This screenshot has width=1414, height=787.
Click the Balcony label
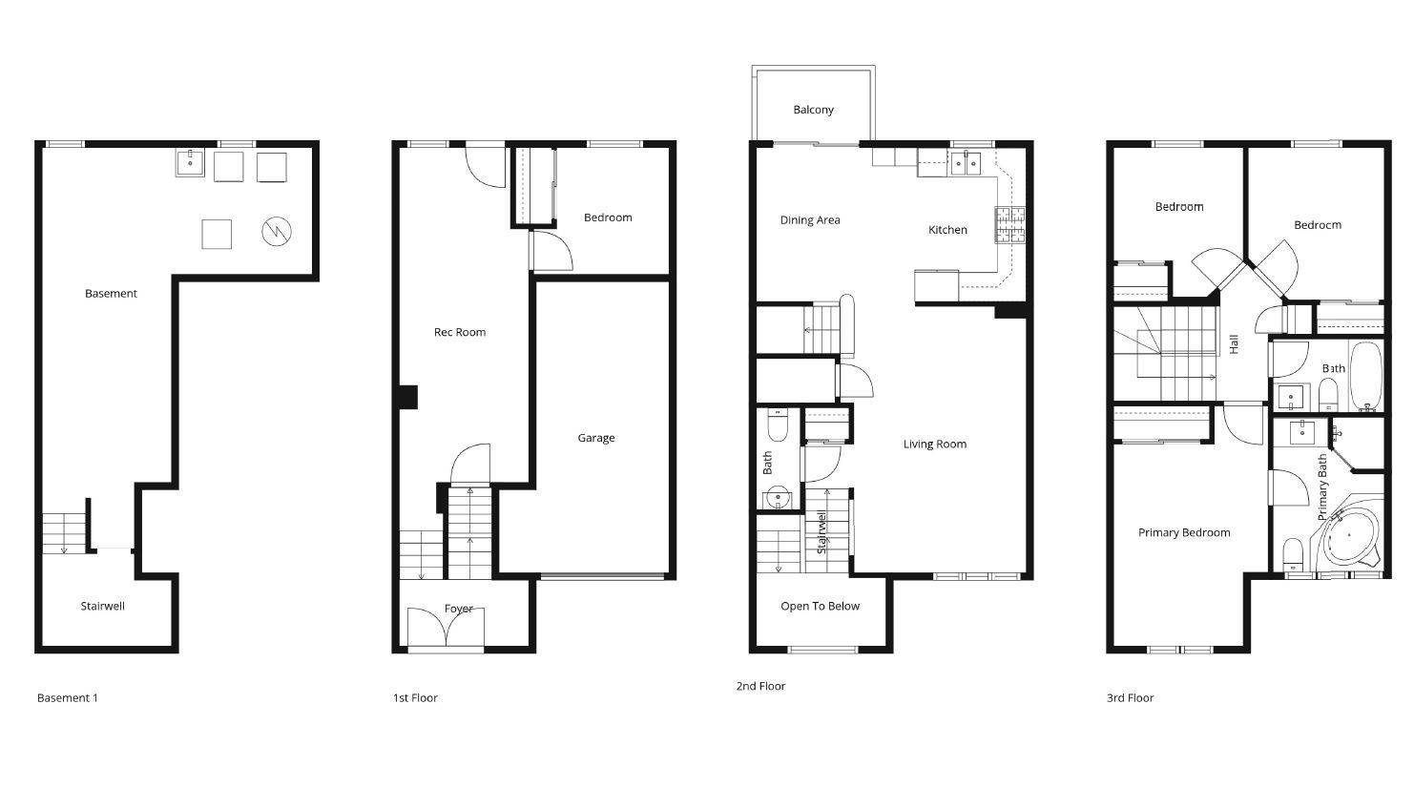813,110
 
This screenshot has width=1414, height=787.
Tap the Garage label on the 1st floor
596,438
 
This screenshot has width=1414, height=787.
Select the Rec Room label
460,332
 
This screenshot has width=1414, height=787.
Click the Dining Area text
810,220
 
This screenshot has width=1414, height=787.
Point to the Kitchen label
947,230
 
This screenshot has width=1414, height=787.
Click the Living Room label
935,445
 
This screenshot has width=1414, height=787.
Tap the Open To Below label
820,607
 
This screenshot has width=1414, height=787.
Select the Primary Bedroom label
1184,532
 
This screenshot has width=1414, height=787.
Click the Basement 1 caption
68,698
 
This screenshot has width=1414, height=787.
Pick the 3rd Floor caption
1130,698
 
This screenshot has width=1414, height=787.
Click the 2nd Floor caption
760,686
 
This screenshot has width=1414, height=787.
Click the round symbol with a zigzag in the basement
277,232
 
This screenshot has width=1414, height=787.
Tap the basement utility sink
190,163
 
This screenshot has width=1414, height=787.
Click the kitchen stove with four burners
1010,225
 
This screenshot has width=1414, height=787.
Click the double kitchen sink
966,163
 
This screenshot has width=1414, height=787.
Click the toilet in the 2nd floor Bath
778,425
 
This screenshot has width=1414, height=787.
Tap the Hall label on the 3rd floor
1234,344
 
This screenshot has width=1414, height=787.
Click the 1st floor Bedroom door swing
551,251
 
